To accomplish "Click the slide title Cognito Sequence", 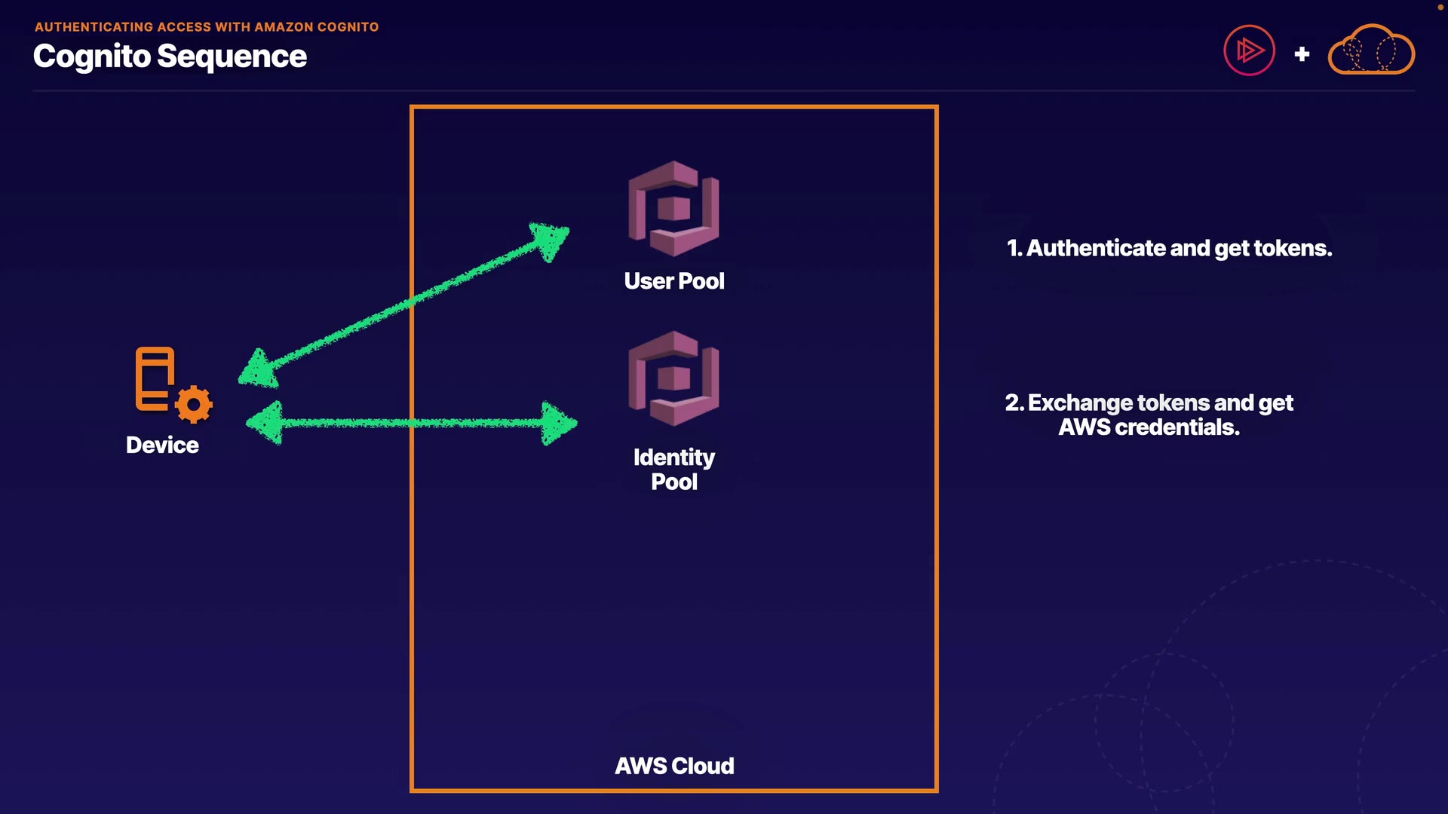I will [x=170, y=57].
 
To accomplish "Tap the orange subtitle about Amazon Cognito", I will [x=207, y=27].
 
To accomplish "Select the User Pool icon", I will [x=673, y=209].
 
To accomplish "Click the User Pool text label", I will [x=674, y=281].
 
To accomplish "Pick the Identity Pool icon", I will [x=673, y=378].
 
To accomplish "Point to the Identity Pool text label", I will [x=674, y=469].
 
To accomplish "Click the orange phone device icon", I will [x=155, y=378].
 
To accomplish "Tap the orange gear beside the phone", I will [x=194, y=405].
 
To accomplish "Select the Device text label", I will [x=162, y=445].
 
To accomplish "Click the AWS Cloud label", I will [x=674, y=766].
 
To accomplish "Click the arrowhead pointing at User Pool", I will [x=551, y=240].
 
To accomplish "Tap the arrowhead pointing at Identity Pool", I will [x=560, y=424].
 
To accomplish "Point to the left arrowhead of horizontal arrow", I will [x=265, y=423].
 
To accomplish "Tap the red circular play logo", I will [x=1249, y=51].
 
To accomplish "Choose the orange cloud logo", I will [x=1371, y=50].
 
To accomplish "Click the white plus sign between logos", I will [x=1302, y=54].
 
